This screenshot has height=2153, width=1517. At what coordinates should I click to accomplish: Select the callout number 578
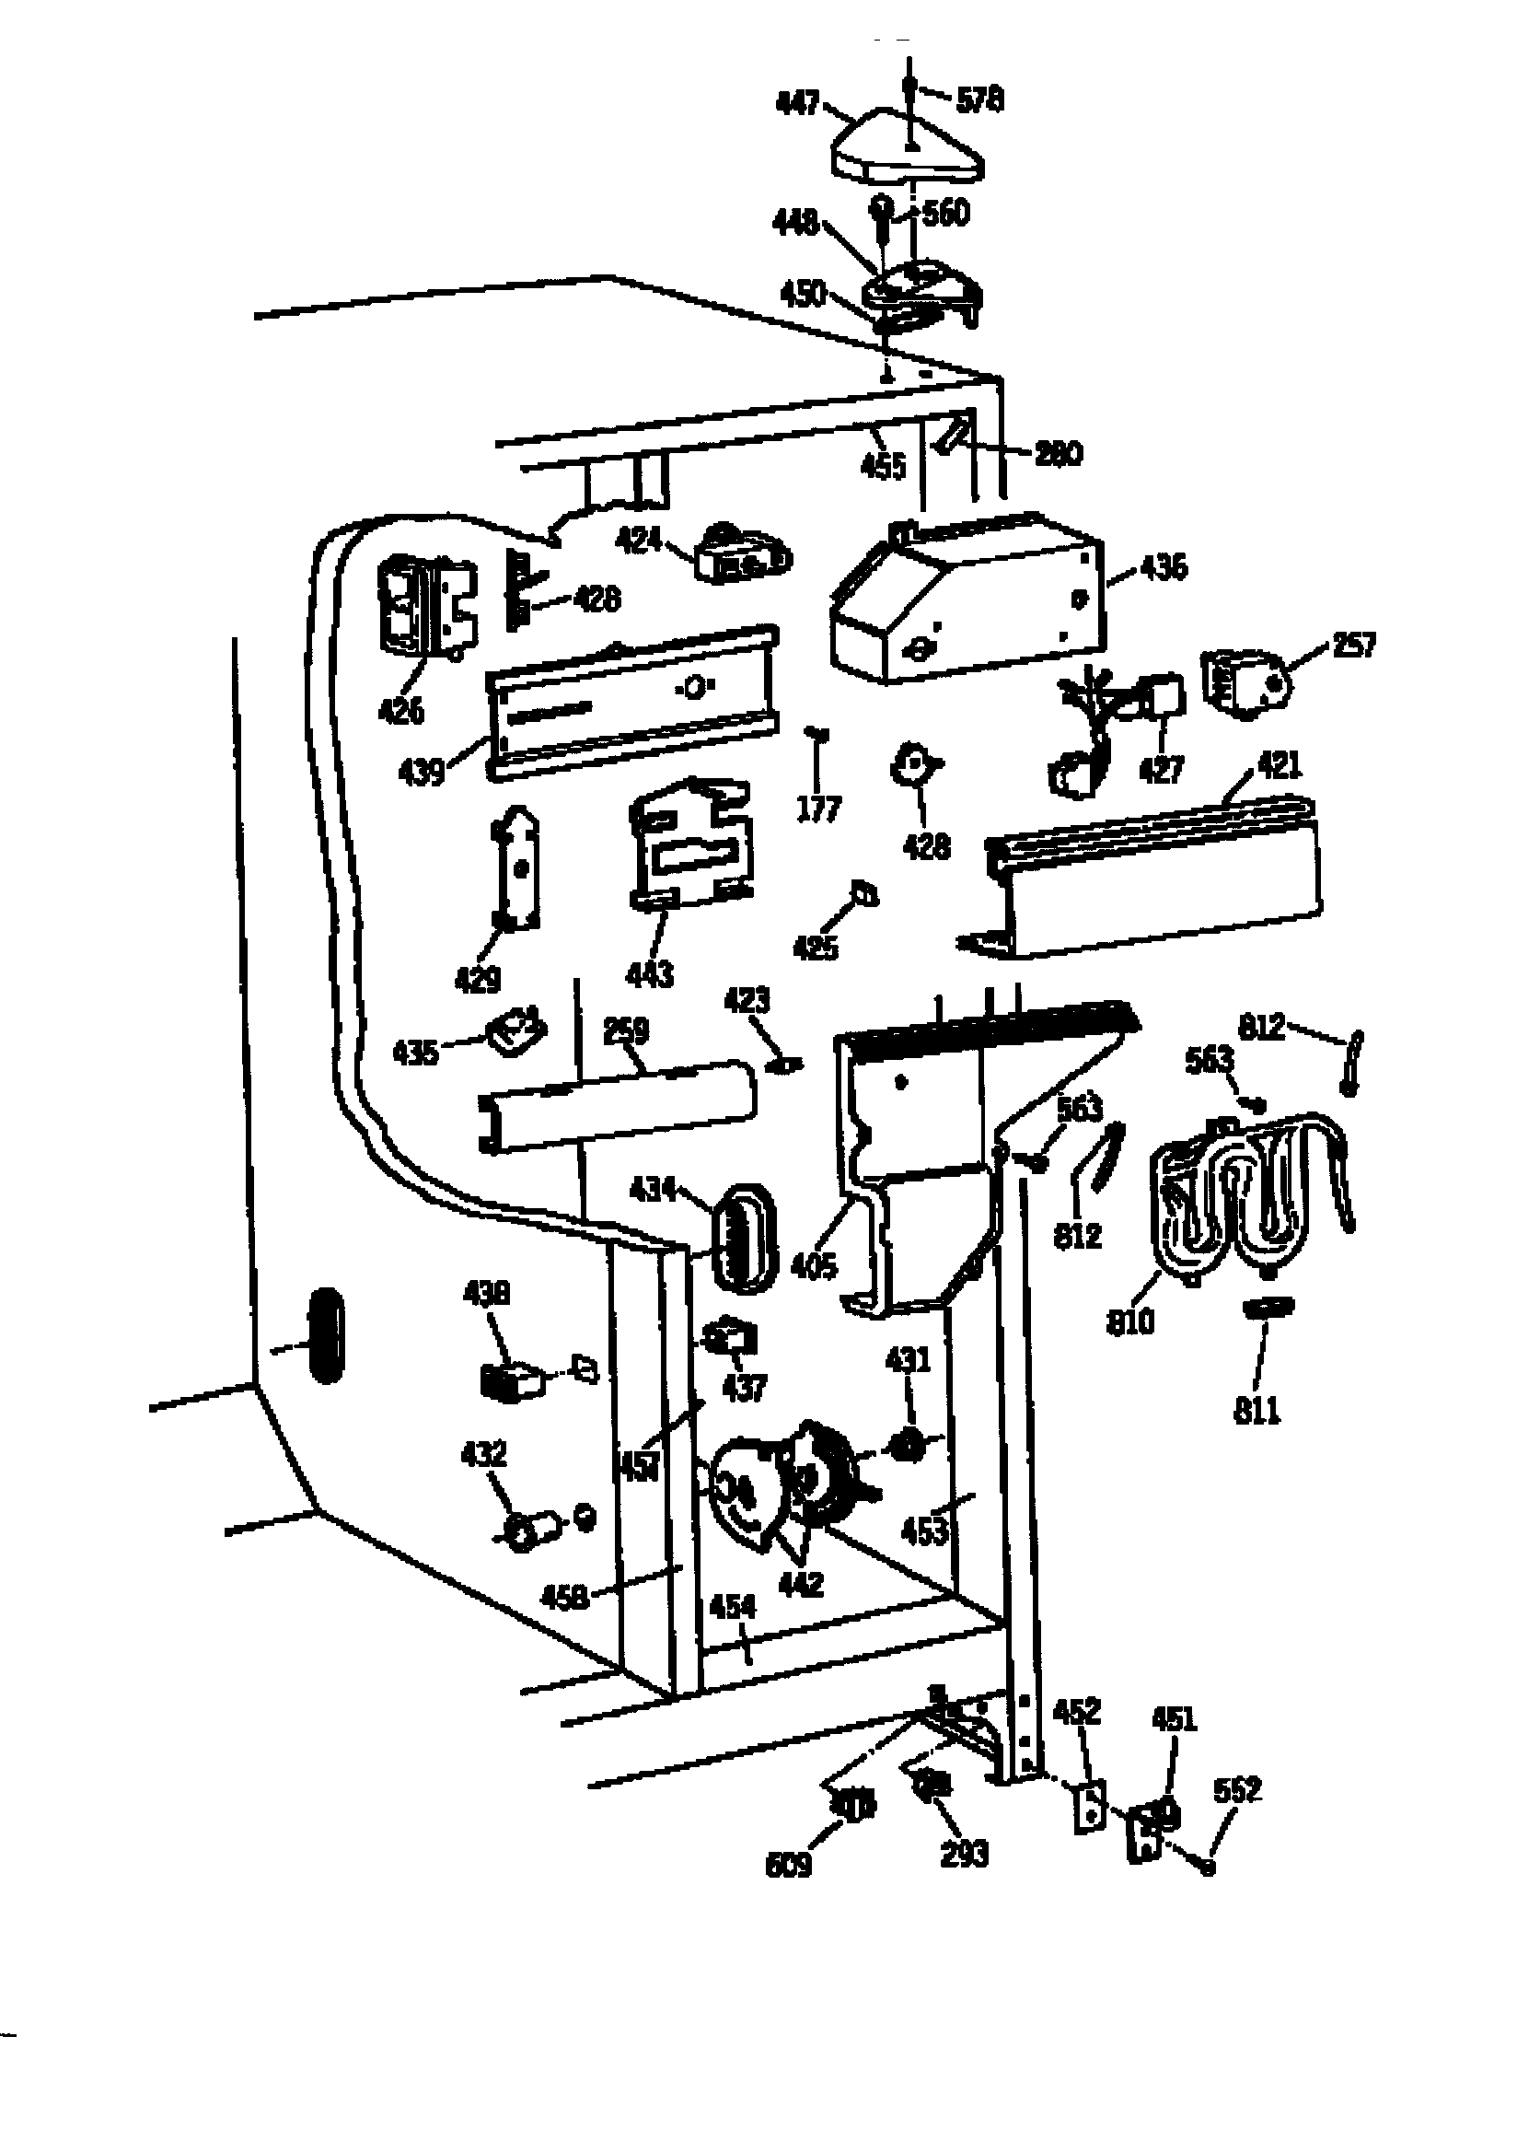[979, 99]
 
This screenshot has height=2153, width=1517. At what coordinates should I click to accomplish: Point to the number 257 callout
[1353, 646]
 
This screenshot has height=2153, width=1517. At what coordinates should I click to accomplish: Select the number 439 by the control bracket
[421, 773]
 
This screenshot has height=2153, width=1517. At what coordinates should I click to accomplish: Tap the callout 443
[650, 974]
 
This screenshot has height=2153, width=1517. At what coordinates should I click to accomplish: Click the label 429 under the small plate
[477, 980]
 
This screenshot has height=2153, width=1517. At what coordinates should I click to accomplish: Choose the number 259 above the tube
[625, 1030]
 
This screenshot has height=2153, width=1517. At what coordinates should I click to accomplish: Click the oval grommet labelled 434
[747, 1239]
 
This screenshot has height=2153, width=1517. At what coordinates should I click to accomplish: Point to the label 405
[814, 1267]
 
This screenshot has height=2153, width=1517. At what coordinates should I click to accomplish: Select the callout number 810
[1129, 1322]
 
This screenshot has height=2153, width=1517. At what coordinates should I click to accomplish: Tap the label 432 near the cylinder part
[484, 1454]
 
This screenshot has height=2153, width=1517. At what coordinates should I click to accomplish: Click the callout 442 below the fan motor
[801, 1584]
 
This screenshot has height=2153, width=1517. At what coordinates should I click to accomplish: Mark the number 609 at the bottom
[789, 1866]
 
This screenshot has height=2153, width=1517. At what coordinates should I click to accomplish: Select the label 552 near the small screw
[1236, 1790]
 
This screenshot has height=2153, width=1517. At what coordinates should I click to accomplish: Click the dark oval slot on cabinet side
[324, 1335]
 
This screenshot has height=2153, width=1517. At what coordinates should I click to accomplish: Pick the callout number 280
[1059, 454]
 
